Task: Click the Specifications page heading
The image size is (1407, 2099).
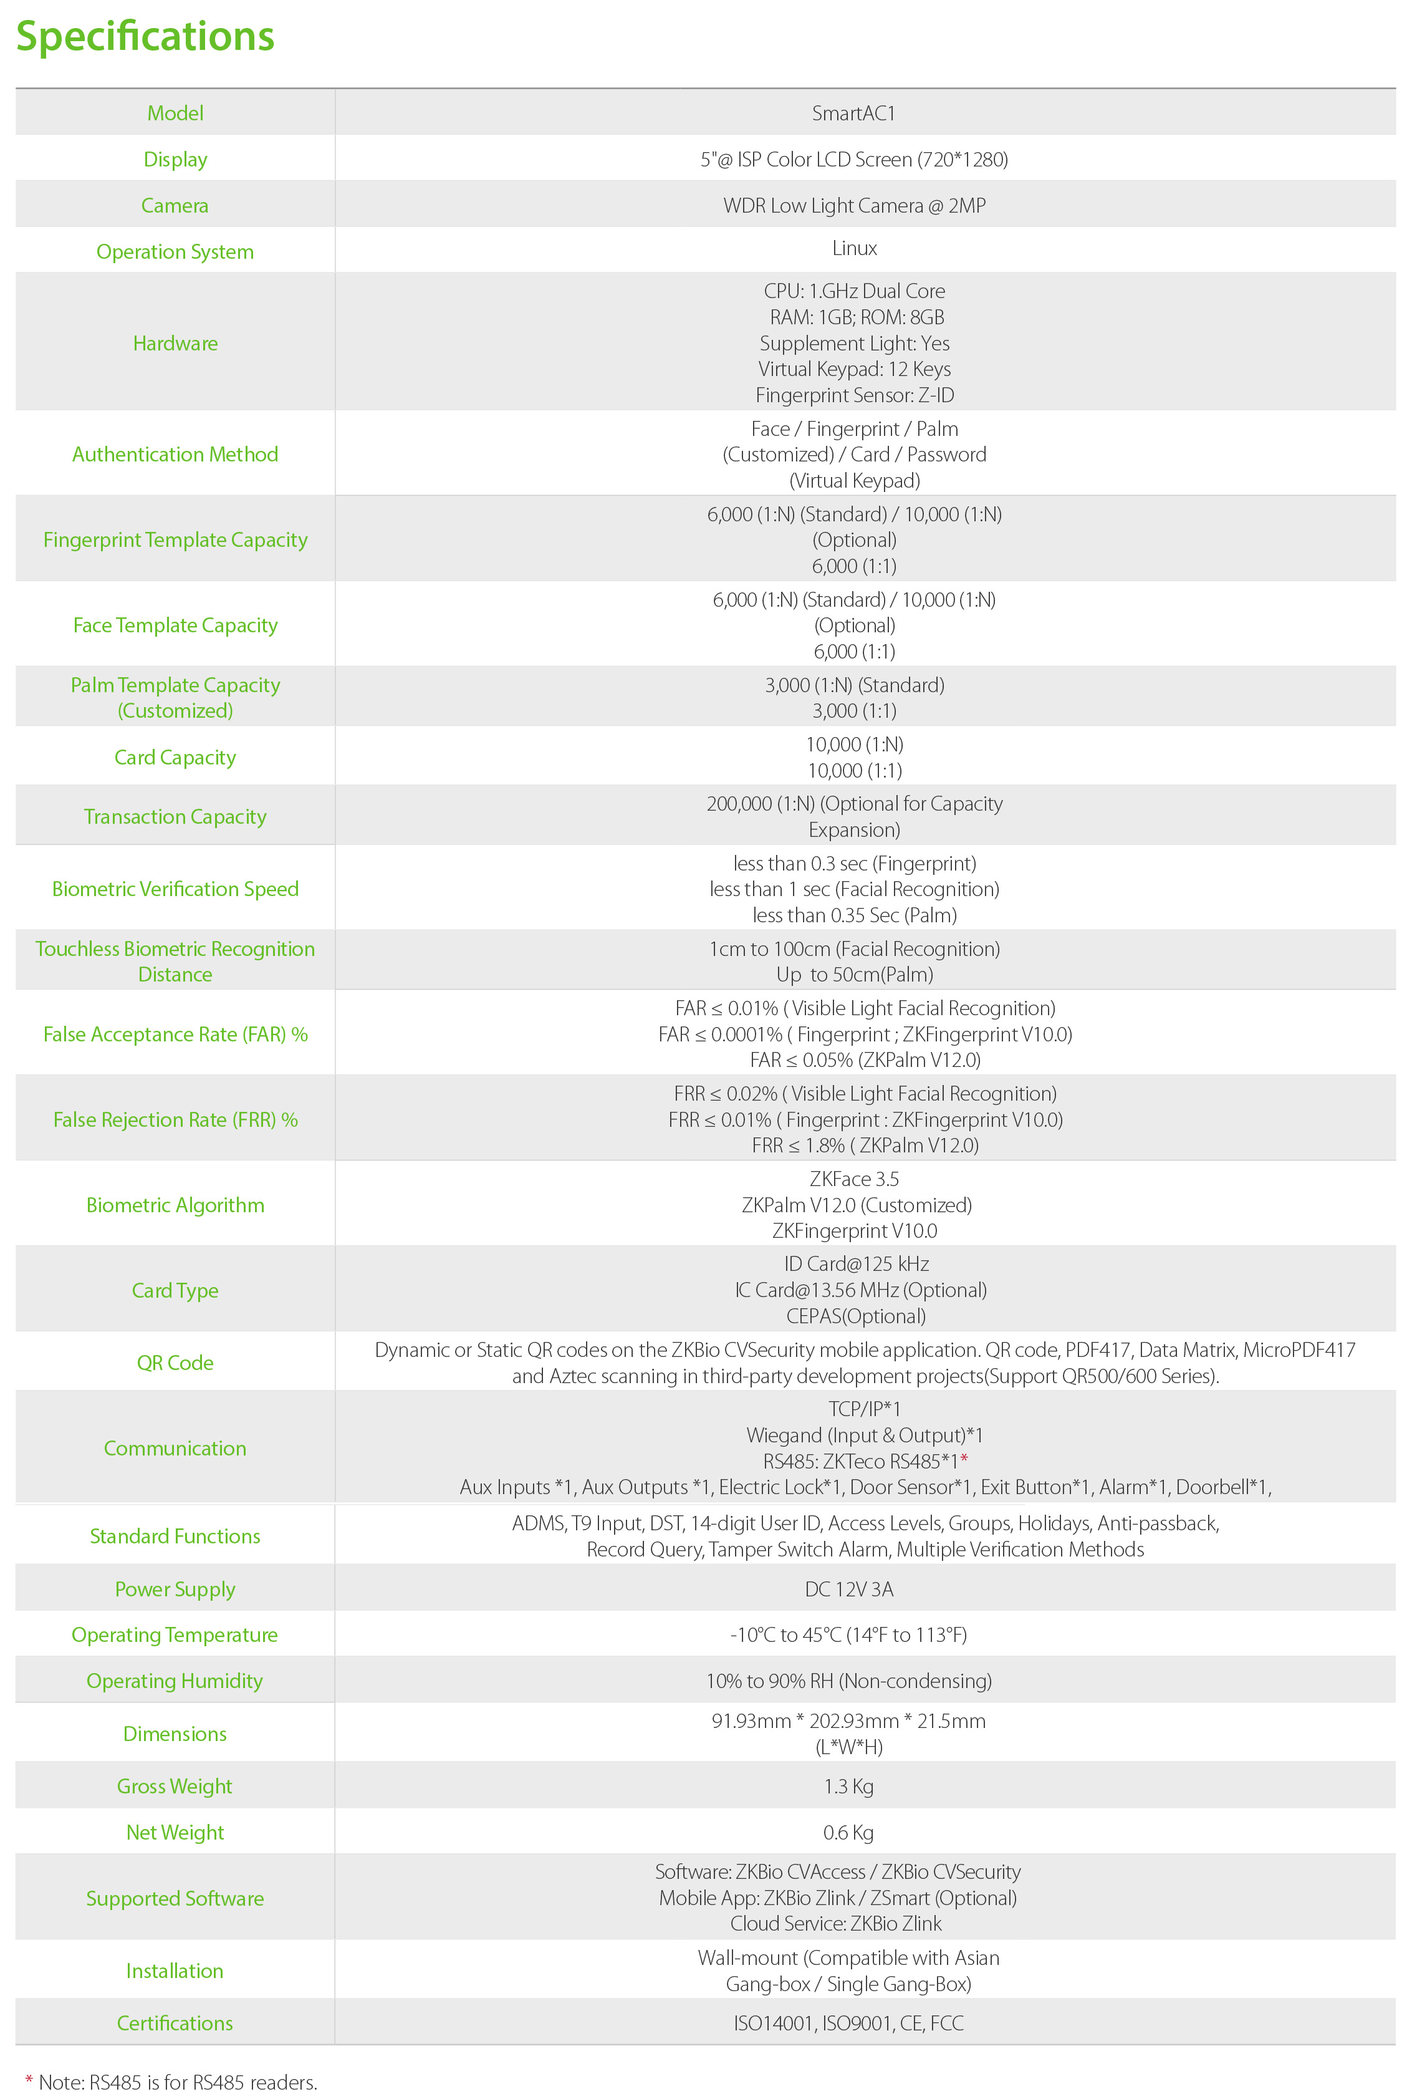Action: click(x=145, y=36)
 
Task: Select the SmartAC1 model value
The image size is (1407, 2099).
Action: click(x=853, y=113)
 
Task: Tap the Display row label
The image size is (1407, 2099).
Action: click(x=175, y=159)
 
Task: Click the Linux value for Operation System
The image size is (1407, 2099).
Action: click(x=853, y=248)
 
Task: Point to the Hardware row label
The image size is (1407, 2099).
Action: click(x=175, y=343)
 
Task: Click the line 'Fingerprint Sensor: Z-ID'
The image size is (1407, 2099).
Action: click(x=853, y=395)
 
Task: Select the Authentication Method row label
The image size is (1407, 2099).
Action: click(x=175, y=454)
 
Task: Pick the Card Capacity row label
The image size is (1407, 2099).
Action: click(x=175, y=758)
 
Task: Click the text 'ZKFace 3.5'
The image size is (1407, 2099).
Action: click(x=853, y=1179)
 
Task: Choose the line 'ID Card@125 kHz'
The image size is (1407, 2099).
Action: click(x=856, y=1263)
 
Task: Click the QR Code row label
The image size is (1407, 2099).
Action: click(x=175, y=1363)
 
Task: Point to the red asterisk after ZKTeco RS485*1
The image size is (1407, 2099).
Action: click(x=964, y=1459)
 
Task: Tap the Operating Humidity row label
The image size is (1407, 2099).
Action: click(x=175, y=1680)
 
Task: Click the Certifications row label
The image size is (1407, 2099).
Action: click(x=175, y=2023)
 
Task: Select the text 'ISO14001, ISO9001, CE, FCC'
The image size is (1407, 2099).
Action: click(x=848, y=2023)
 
